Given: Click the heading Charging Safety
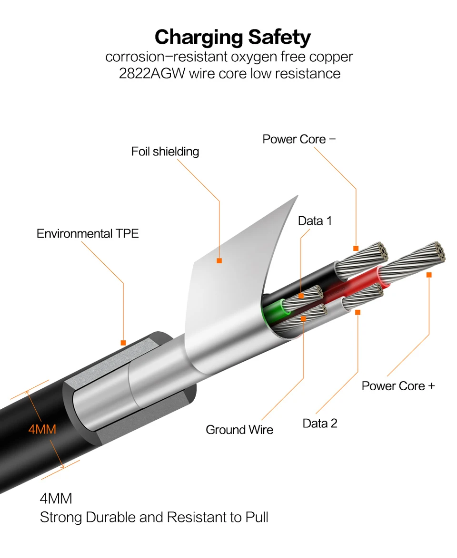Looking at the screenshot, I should [x=232, y=37].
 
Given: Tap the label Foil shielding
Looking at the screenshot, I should [x=165, y=152].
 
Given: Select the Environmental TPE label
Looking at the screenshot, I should [x=88, y=233].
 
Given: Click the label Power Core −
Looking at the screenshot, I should [x=299, y=139].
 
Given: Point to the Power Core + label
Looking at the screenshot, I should [x=398, y=385].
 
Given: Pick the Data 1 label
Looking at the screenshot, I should [x=315, y=221].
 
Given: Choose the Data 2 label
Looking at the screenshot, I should [x=320, y=423].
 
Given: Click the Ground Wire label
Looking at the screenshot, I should [x=239, y=430].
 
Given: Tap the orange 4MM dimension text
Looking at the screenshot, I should [x=42, y=430].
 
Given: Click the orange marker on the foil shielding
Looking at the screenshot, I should [x=219, y=260].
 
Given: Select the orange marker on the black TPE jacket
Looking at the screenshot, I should [x=123, y=342].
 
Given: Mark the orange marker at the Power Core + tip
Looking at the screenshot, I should [x=429, y=275].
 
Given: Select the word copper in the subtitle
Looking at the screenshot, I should [x=330, y=57].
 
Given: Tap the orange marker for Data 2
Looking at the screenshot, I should [x=358, y=312].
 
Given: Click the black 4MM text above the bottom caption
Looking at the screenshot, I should [x=56, y=499].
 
